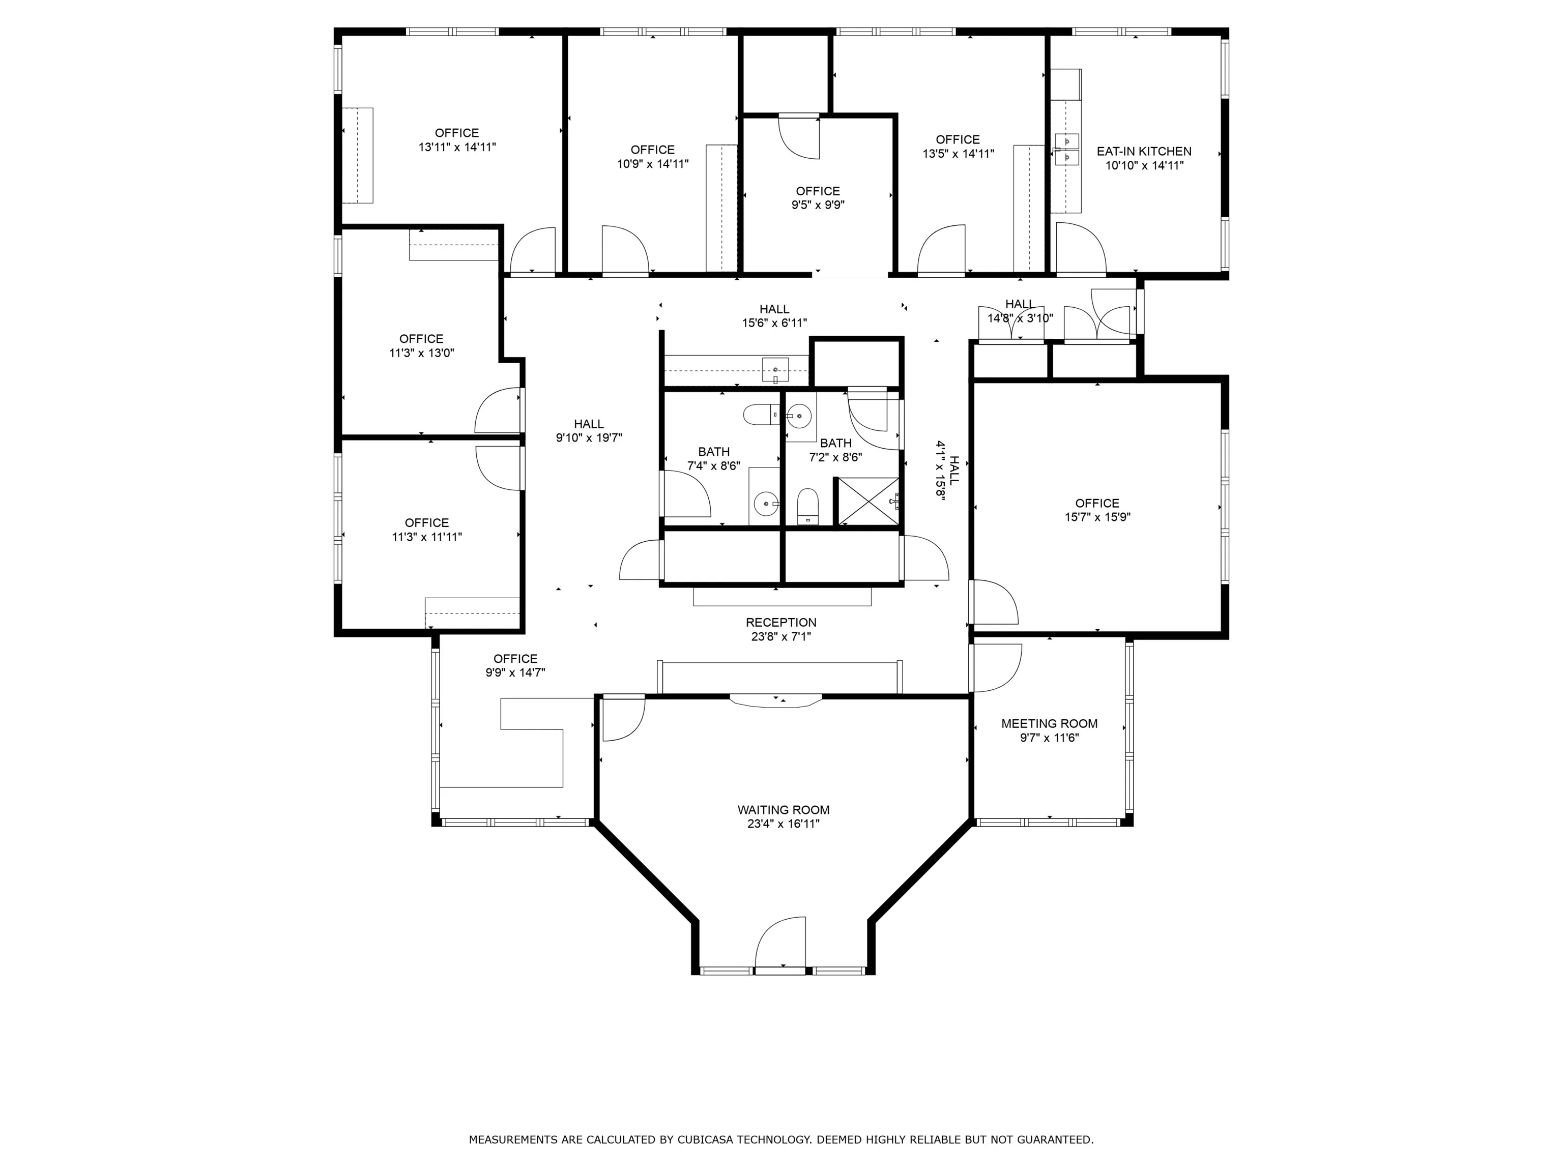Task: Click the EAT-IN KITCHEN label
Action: [x=1144, y=151]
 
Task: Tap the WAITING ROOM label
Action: [x=784, y=810]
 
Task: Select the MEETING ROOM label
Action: [x=1049, y=723]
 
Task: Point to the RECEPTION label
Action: [x=781, y=623]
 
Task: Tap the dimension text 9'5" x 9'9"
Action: [x=818, y=205]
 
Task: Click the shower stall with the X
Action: [x=867, y=502]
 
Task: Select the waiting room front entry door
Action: [x=780, y=943]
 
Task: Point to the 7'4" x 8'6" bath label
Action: [x=714, y=458]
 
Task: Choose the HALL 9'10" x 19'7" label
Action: [x=589, y=431]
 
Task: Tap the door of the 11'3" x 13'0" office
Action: [x=498, y=409]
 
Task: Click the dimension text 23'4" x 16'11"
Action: [x=784, y=824]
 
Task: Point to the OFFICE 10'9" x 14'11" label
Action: [x=653, y=157]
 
